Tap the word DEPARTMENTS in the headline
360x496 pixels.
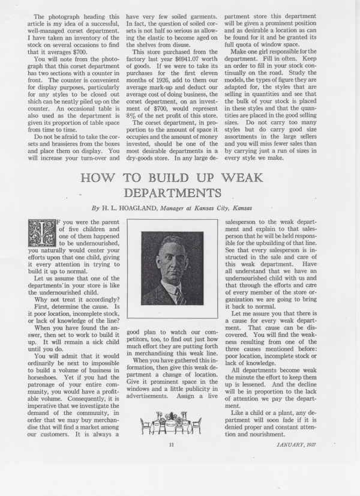coord(172,193)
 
